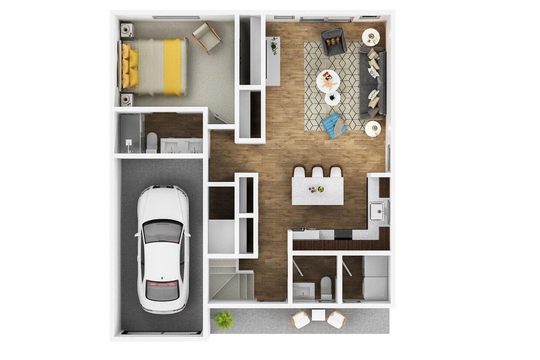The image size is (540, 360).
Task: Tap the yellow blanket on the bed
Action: pos(172,67)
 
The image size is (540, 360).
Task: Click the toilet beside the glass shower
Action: pos(152,142)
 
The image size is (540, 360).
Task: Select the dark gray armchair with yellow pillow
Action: pos(334,41)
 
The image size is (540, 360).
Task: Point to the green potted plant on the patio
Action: pos(224,320)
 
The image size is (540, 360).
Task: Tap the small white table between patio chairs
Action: pos(319,315)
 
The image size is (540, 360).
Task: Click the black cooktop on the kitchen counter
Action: pos(343,234)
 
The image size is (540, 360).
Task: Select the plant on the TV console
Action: pos(274,45)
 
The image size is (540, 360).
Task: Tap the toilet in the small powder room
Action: pos(326,286)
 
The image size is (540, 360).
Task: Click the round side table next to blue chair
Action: pos(373,128)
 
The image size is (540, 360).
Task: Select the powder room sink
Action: pos(303,290)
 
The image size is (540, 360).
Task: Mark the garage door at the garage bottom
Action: pos(161,333)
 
